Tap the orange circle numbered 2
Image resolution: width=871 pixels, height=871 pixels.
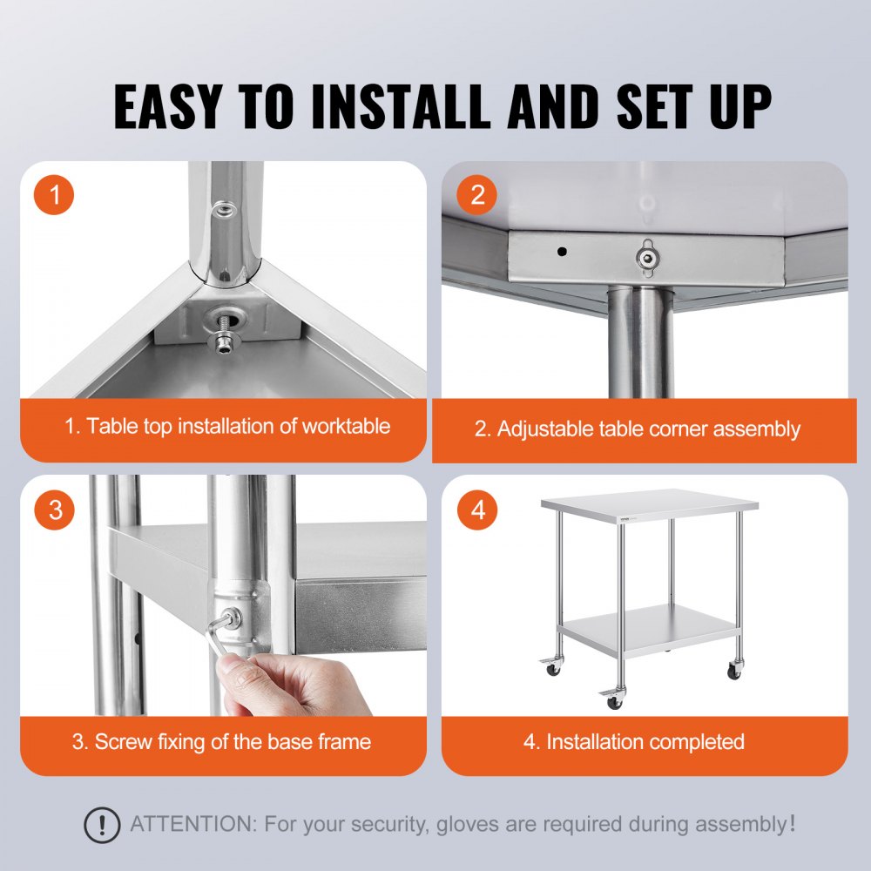point(477,196)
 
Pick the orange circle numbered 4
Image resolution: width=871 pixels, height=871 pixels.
point(477,510)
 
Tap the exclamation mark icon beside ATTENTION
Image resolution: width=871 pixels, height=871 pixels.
point(102,823)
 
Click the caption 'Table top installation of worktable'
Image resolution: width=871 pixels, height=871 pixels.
point(226,426)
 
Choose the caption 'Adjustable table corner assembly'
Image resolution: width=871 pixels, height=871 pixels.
point(637,429)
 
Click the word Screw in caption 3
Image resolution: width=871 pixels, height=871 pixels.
point(125,742)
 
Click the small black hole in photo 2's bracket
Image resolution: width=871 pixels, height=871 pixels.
point(562,252)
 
